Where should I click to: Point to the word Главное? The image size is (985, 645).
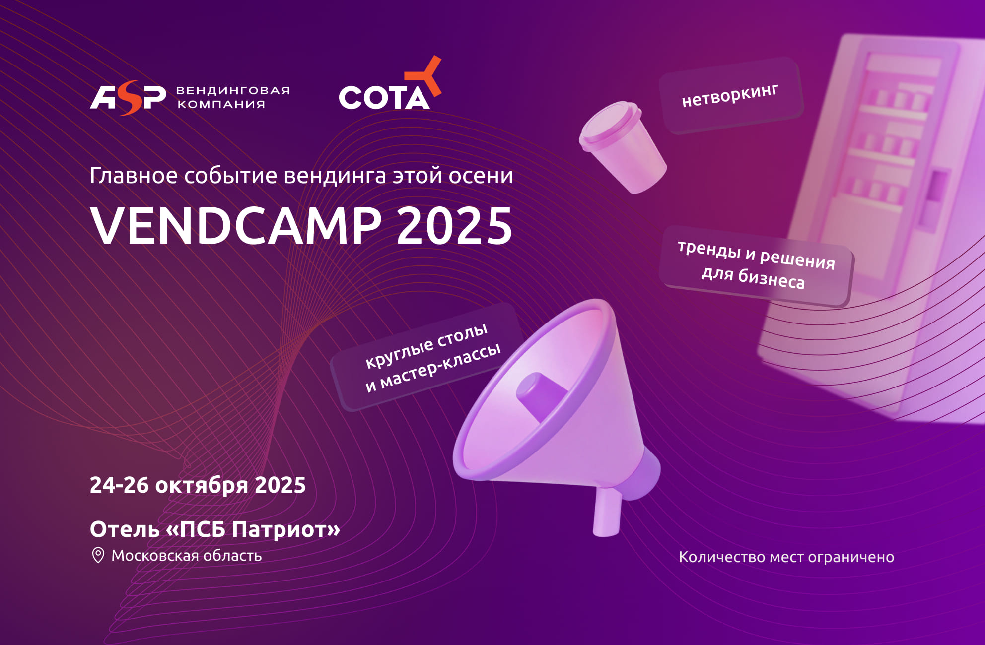pyautogui.click(x=134, y=176)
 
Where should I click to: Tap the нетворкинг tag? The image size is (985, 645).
pyautogui.click(x=731, y=96)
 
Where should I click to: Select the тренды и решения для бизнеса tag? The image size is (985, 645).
pyautogui.click(x=756, y=265)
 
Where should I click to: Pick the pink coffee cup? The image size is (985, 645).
pyautogui.click(x=623, y=147)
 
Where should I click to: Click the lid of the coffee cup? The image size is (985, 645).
pyautogui.click(x=609, y=124)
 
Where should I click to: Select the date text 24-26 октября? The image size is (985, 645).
pyautogui.click(x=169, y=485)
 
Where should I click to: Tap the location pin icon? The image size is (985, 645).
pyautogui.click(x=98, y=555)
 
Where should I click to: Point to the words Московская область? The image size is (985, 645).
pyautogui.click(x=186, y=555)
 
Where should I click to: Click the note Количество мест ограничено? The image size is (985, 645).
pyautogui.click(x=786, y=557)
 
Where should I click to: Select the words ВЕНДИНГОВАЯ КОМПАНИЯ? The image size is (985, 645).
pyautogui.click(x=233, y=97)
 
